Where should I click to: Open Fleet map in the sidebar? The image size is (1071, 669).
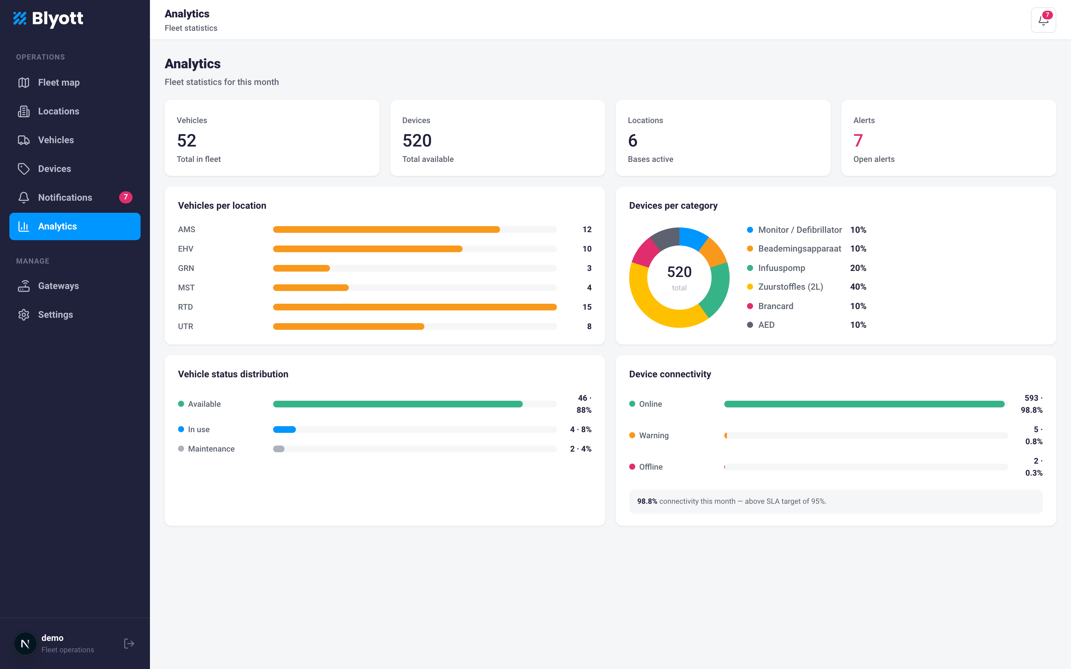[x=59, y=83]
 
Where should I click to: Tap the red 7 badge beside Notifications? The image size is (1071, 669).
[x=126, y=197]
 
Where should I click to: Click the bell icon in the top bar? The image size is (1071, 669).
[x=1043, y=20]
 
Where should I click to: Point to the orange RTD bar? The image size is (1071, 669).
[x=415, y=307]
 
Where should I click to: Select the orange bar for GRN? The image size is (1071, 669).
[x=301, y=268]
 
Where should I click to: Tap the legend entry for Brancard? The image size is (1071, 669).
[x=775, y=306]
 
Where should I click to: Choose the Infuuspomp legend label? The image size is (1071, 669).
[x=781, y=268]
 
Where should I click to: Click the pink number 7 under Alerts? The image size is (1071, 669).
[x=858, y=141]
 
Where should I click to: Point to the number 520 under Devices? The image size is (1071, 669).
[x=417, y=141]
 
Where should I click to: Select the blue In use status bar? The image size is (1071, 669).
[x=284, y=429]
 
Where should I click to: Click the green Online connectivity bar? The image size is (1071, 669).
[x=864, y=404]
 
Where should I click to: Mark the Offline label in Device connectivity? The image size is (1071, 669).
[x=651, y=467]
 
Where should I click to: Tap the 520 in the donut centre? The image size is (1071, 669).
[x=679, y=272]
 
